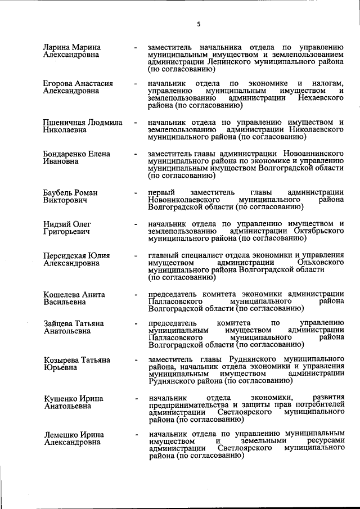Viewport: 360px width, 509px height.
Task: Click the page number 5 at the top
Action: [x=199, y=24]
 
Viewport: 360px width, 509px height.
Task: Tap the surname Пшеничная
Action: [x=65, y=122]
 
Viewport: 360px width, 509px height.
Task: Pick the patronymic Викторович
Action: [x=65, y=200]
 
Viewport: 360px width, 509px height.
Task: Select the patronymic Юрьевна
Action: [x=58, y=367]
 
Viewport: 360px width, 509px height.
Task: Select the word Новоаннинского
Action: [x=312, y=154]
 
